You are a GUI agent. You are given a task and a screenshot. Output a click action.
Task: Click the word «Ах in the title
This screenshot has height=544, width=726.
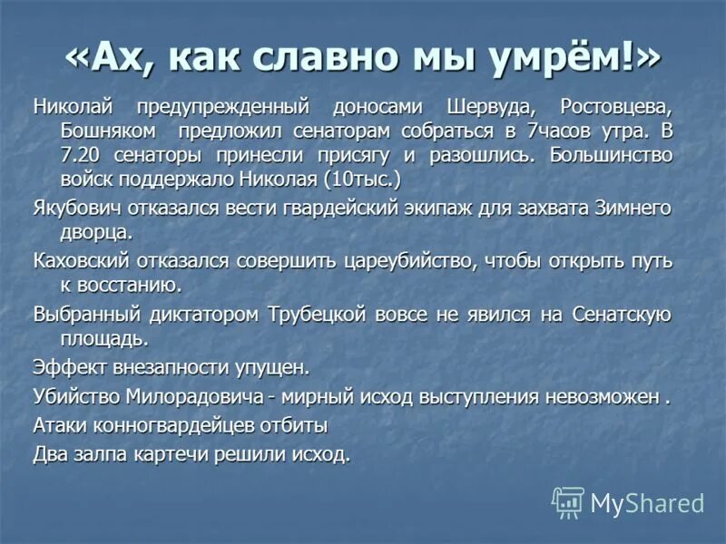click(108, 56)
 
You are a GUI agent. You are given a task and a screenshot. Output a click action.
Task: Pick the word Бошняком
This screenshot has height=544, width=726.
click(97, 130)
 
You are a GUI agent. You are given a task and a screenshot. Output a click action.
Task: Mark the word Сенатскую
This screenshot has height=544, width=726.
click(622, 315)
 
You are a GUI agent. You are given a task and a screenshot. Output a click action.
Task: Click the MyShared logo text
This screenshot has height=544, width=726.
click(646, 503)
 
